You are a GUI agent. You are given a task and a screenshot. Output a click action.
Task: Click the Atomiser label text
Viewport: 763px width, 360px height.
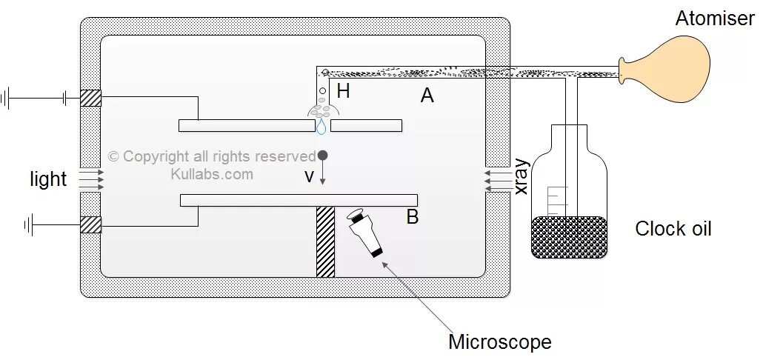click(x=714, y=19)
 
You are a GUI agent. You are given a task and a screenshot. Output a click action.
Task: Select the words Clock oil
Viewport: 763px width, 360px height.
click(x=673, y=229)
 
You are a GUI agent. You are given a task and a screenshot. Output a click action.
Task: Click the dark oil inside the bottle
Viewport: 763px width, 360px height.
click(x=569, y=236)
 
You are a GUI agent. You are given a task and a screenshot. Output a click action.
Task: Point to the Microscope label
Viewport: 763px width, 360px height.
click(x=499, y=342)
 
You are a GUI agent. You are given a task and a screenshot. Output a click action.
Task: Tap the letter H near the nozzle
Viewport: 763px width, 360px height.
click(x=343, y=92)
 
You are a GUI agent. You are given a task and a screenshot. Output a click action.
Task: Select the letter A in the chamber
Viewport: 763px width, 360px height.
click(x=427, y=96)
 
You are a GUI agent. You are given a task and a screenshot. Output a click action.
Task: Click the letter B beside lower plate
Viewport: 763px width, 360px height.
click(x=413, y=217)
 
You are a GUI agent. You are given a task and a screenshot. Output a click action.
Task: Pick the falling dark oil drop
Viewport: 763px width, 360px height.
click(x=323, y=156)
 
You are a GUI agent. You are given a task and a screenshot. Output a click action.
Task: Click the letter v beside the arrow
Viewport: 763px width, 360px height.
click(x=310, y=176)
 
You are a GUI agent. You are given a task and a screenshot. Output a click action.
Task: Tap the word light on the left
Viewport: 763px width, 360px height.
click(x=48, y=179)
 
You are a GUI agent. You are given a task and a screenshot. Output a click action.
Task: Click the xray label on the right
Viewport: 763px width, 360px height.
click(x=522, y=177)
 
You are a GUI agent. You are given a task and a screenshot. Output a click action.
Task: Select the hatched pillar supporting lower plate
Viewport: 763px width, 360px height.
click(x=326, y=241)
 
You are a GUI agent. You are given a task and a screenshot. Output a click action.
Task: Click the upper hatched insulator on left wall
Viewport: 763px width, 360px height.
click(x=90, y=98)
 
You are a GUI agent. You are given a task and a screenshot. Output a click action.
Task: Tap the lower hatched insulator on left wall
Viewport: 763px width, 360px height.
click(x=90, y=224)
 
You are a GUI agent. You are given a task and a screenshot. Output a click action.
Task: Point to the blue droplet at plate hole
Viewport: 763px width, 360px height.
click(x=321, y=127)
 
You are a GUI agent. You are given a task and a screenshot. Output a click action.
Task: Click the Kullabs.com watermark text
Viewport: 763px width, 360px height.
click(x=212, y=174)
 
